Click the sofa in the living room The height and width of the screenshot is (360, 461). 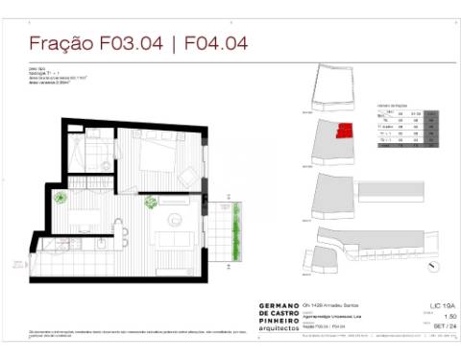tap(177, 238)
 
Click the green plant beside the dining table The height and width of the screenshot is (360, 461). tap(61, 201)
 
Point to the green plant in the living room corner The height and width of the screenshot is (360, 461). tap(150, 203)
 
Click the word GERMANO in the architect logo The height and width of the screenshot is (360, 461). tap(279, 305)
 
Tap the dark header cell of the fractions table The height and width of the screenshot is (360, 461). tap(430, 114)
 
